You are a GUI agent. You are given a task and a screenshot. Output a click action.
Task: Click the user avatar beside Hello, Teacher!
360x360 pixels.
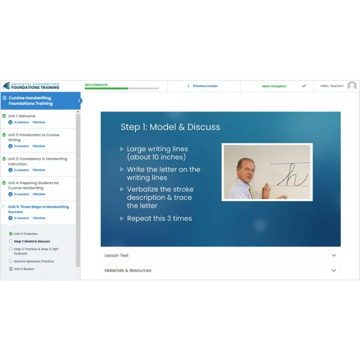click(x=352, y=86)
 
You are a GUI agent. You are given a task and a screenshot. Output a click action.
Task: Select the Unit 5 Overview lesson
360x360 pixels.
click(x=26, y=233)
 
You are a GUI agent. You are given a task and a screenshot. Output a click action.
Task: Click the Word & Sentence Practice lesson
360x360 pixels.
click(x=34, y=261)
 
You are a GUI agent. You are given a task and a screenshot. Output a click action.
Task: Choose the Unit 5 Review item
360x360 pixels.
click(x=24, y=269)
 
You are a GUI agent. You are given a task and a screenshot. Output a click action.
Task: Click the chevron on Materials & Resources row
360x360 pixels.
click(x=334, y=270)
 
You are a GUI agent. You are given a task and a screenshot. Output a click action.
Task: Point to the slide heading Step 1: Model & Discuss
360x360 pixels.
click(x=170, y=127)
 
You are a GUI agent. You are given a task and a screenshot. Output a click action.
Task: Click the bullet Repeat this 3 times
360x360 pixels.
click(x=159, y=218)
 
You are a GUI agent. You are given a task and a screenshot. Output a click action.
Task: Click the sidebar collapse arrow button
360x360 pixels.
click(x=79, y=100)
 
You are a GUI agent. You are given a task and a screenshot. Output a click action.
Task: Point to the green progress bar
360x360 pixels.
click(x=106, y=88)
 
